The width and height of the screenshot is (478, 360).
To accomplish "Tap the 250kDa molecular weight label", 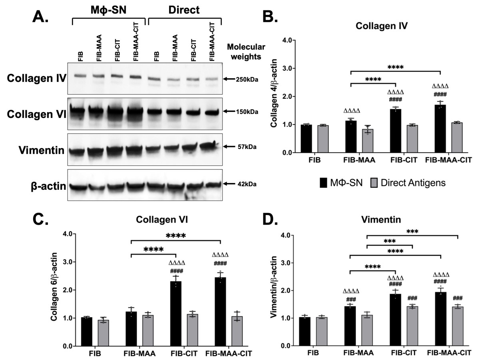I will [247, 80].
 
